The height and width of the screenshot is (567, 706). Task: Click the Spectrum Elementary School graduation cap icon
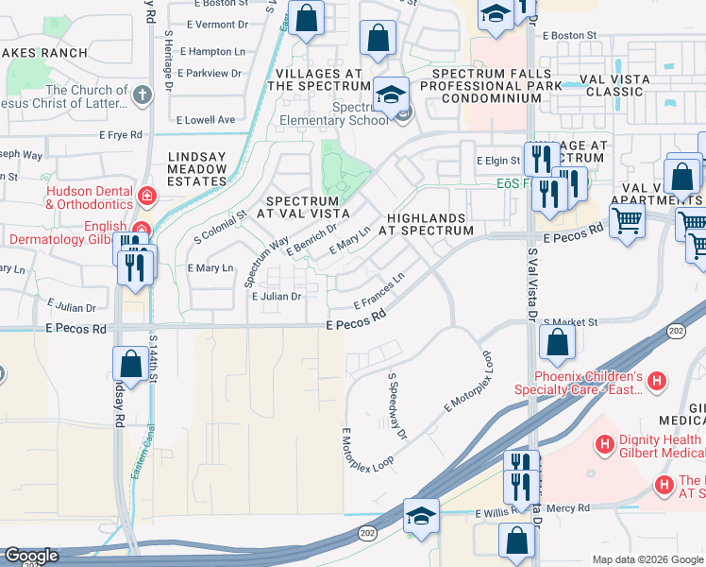pos(390,94)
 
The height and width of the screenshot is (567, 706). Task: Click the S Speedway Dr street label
pos(397,405)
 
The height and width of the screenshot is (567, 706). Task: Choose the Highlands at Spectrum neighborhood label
pos(426,223)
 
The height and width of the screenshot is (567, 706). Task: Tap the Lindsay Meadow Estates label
pos(197,168)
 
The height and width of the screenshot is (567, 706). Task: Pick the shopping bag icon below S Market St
pos(558,343)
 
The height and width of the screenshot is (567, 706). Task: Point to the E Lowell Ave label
pos(206,120)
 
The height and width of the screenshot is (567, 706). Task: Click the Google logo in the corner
pos(31,557)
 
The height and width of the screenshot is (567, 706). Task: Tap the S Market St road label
pos(571,322)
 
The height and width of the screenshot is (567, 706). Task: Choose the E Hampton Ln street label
pos(211,51)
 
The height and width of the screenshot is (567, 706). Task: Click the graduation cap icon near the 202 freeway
pos(421,515)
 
